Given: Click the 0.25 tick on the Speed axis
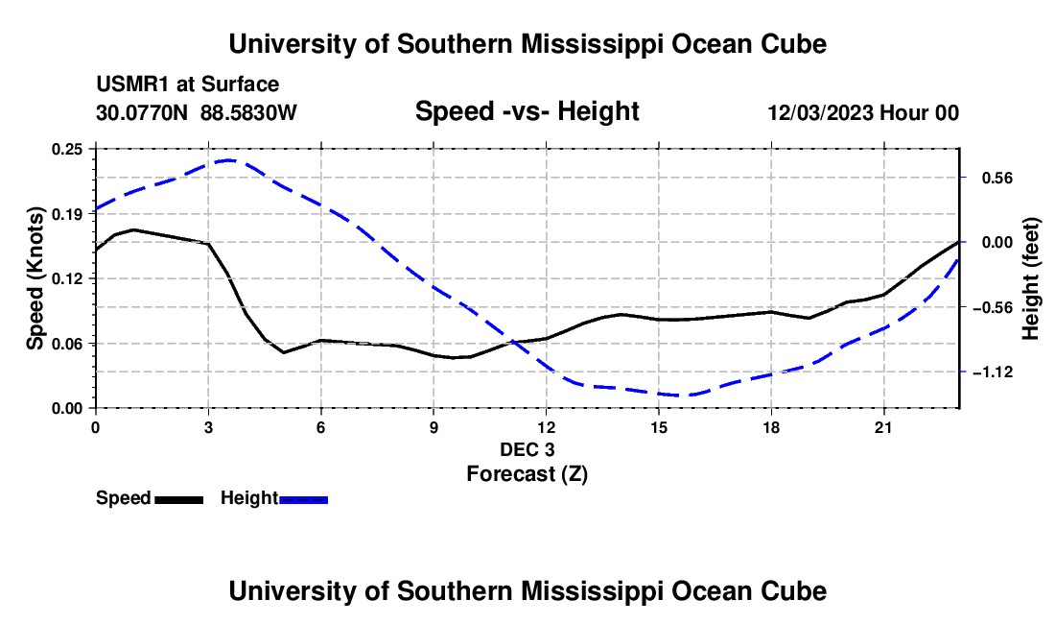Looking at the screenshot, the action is pos(66,150).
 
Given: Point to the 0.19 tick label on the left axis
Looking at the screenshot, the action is pos(66,214).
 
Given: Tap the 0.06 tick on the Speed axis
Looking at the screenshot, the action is pos(66,344).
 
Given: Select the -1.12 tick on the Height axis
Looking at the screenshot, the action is pos(993,372).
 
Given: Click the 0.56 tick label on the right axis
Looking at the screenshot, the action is pos(997,179).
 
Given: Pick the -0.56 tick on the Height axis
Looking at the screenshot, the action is pos(993,307).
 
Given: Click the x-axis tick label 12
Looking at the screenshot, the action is pos(547,427).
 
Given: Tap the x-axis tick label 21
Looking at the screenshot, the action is pos(883,427).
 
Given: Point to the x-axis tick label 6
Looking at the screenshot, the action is pos(321,427).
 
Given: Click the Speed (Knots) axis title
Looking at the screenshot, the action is pos(35,278).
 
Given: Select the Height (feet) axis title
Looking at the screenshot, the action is pos(1031,278).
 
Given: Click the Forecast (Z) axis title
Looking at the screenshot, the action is pos(527,474).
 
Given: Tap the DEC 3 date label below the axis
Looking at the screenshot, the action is pos(527,449).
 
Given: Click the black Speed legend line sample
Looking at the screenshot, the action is pos(179,500).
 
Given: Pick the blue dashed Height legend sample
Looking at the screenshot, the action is pos(303,500).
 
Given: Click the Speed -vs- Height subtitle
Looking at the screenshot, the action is pos(527,111).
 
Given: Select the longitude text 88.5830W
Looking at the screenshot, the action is pos(248,112).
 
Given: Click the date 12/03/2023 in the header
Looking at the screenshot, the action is pos(820,112).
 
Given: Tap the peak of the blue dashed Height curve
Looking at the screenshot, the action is pos(229,160).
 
